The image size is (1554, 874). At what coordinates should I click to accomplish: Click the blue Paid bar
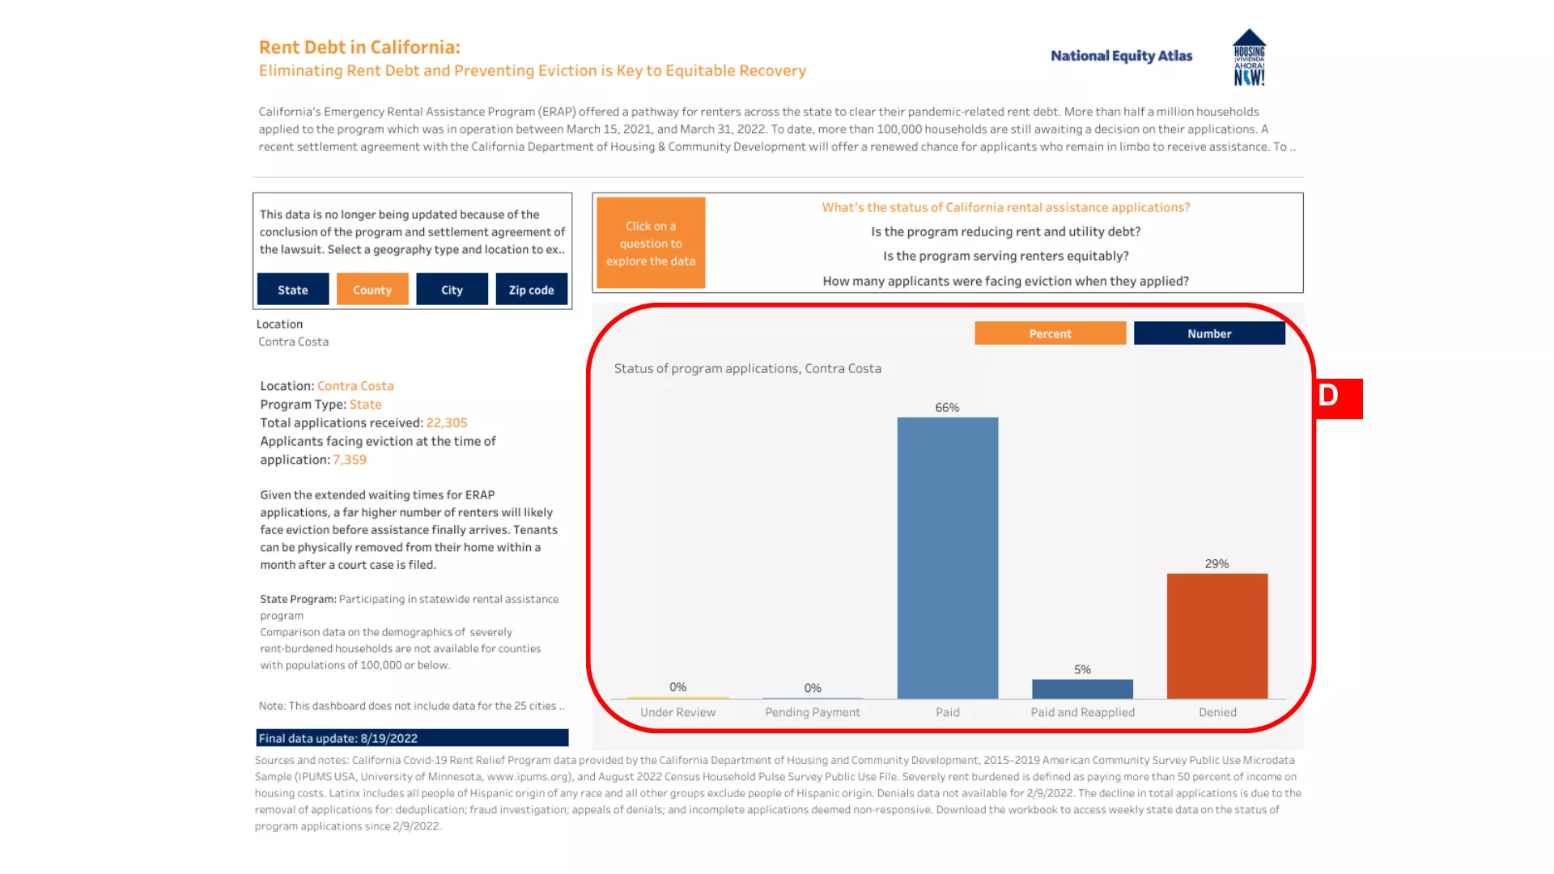click(x=947, y=558)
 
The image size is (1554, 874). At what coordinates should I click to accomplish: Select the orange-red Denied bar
click(x=1216, y=635)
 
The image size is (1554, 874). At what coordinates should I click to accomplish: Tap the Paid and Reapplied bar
click(x=1082, y=689)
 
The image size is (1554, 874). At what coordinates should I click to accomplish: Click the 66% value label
click(x=947, y=408)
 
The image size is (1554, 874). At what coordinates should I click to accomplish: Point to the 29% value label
click(x=1216, y=564)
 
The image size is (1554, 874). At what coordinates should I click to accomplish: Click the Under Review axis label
click(x=677, y=712)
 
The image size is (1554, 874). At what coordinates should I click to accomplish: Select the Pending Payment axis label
click(x=813, y=712)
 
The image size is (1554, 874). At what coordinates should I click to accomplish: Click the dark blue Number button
click(x=1209, y=333)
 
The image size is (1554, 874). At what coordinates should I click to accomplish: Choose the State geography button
click(x=293, y=290)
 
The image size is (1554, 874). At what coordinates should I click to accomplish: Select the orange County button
click(x=372, y=290)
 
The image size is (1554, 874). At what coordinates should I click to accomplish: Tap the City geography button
click(x=452, y=290)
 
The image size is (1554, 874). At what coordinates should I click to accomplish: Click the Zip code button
click(x=531, y=290)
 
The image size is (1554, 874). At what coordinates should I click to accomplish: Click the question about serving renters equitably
click(x=1005, y=256)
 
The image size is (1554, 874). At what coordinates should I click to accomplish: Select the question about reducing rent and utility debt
click(x=1005, y=231)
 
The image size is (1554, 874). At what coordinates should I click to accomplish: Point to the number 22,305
click(x=447, y=422)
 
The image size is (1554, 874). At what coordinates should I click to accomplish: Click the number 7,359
click(x=350, y=460)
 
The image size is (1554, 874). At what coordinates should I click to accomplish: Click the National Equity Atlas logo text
click(x=1121, y=56)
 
